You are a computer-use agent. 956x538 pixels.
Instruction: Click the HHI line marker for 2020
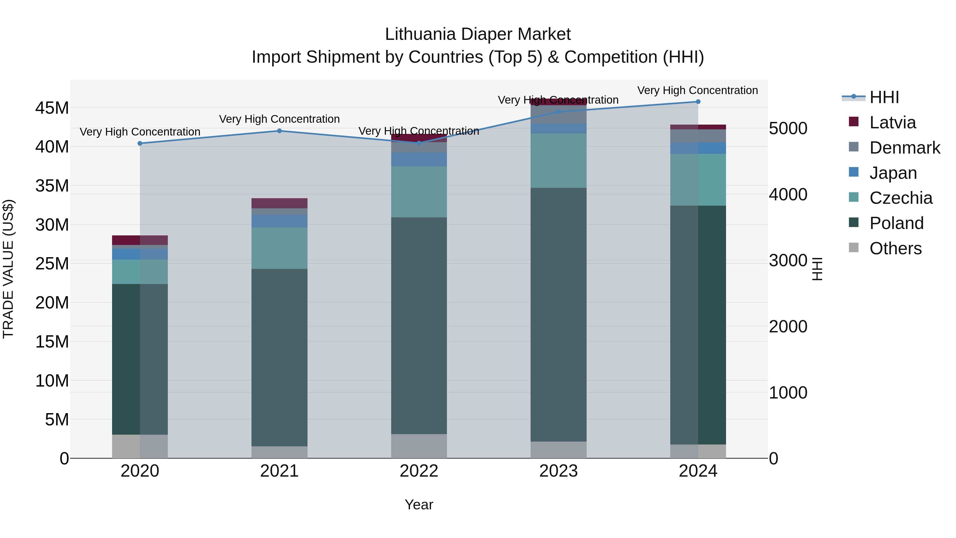coord(140,143)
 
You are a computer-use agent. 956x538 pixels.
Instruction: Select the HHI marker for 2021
coord(279,131)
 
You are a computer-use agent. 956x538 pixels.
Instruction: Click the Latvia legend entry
coord(892,122)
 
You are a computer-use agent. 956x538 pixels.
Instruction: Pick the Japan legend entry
coord(893,173)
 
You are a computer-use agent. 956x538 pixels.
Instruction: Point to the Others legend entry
coord(895,248)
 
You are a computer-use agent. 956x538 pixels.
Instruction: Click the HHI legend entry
coord(884,97)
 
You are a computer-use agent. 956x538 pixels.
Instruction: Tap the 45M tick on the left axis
coord(52,108)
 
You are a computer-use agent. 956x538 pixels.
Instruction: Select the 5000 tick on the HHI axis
coord(788,129)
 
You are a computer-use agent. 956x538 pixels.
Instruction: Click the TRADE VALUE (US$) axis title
coord(8,269)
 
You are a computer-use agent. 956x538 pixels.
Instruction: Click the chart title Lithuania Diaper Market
coord(478,34)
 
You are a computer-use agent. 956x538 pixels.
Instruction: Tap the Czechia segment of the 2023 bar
coord(558,160)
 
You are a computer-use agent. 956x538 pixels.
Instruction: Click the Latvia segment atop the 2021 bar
coord(279,203)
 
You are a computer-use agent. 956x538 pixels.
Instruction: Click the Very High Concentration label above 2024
coord(697,91)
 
